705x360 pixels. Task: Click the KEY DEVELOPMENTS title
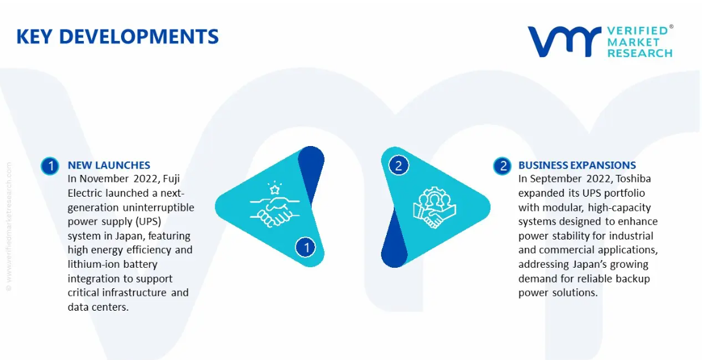117,37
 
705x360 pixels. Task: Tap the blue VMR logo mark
565,42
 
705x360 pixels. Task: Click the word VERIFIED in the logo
638,31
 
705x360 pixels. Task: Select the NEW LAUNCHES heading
109,165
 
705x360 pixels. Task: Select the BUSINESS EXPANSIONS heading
578,165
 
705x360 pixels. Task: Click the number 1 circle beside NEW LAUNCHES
50,166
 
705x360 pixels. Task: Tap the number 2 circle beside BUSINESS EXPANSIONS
502,166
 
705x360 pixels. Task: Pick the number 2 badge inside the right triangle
398,166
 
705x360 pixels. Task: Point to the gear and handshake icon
434,208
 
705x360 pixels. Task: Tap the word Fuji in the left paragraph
172,179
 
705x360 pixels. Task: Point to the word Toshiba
633,179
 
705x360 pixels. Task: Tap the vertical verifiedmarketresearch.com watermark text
9,226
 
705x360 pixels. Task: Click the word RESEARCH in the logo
640,53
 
